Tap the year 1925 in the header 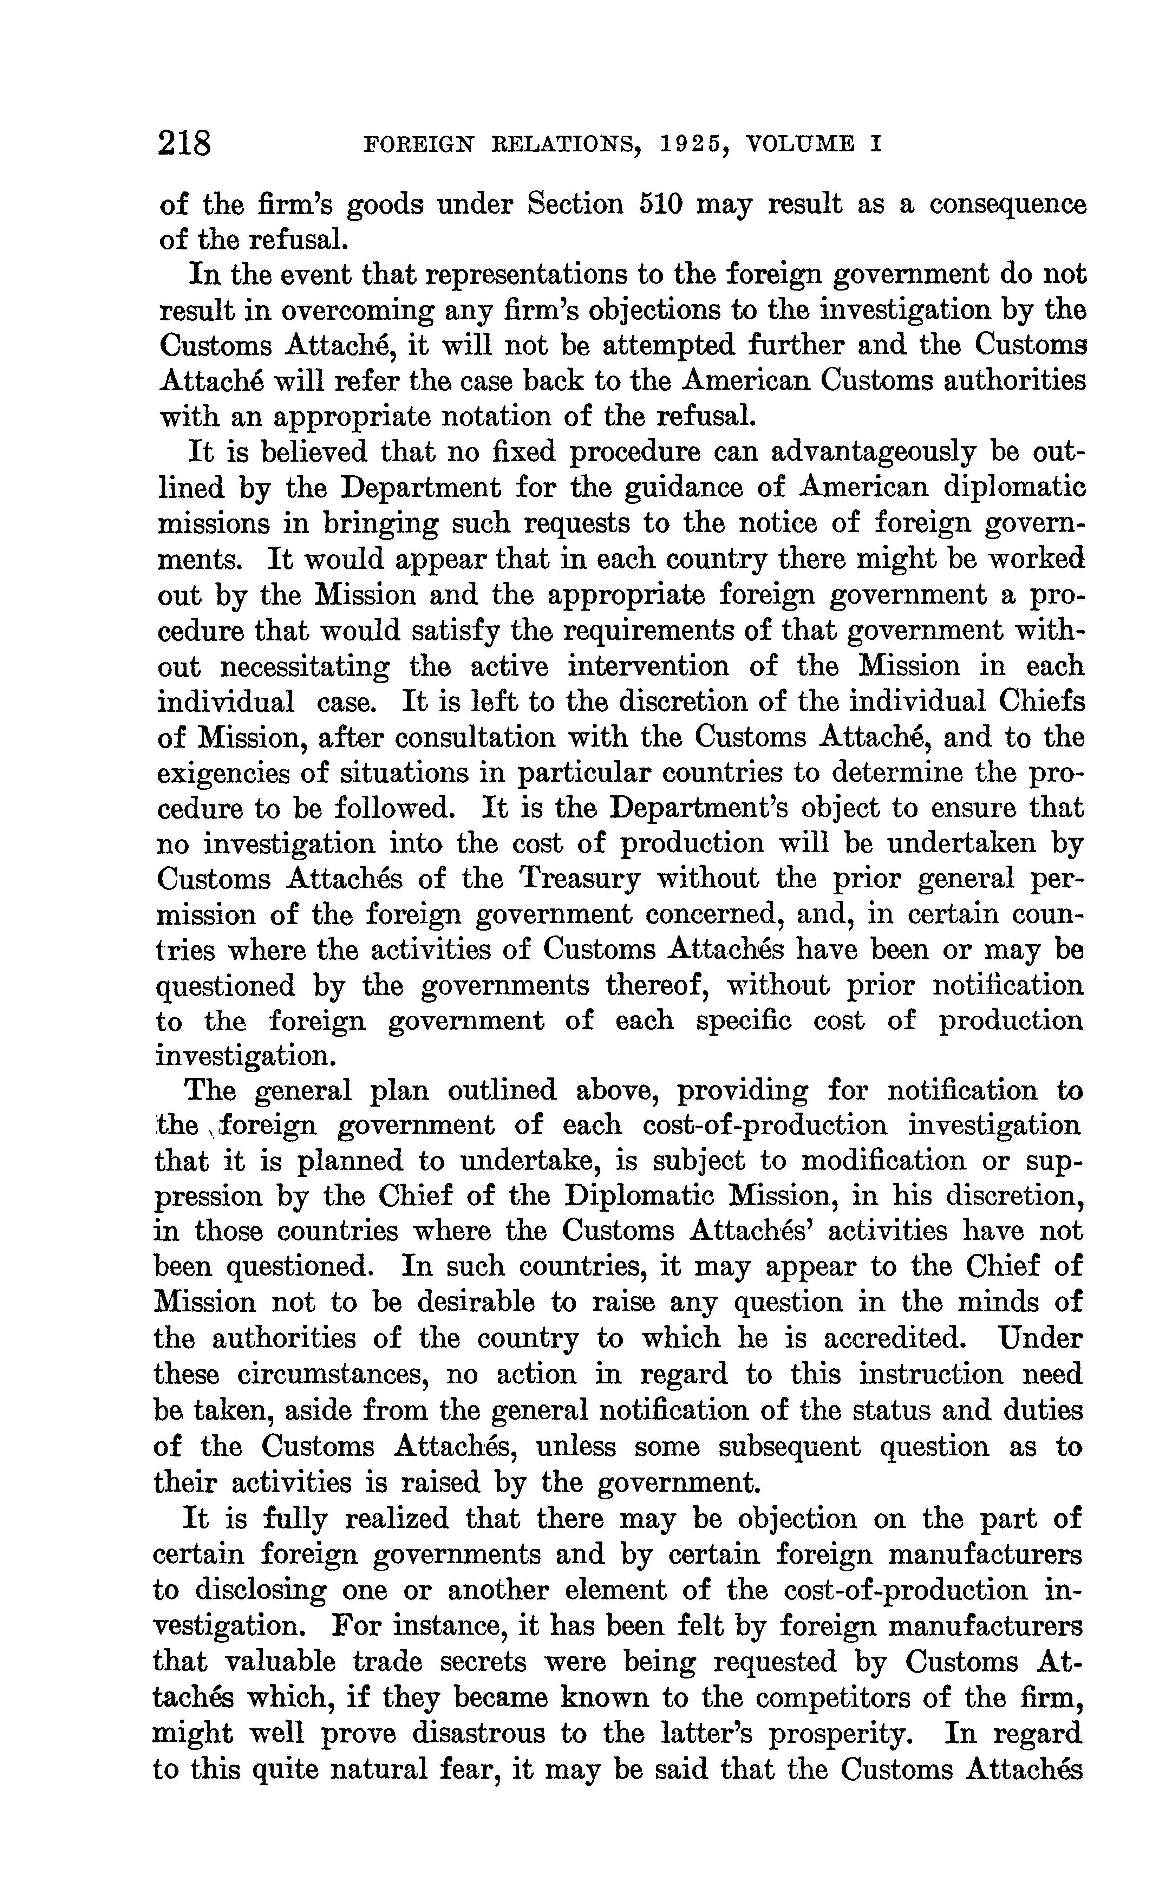tap(680, 144)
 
